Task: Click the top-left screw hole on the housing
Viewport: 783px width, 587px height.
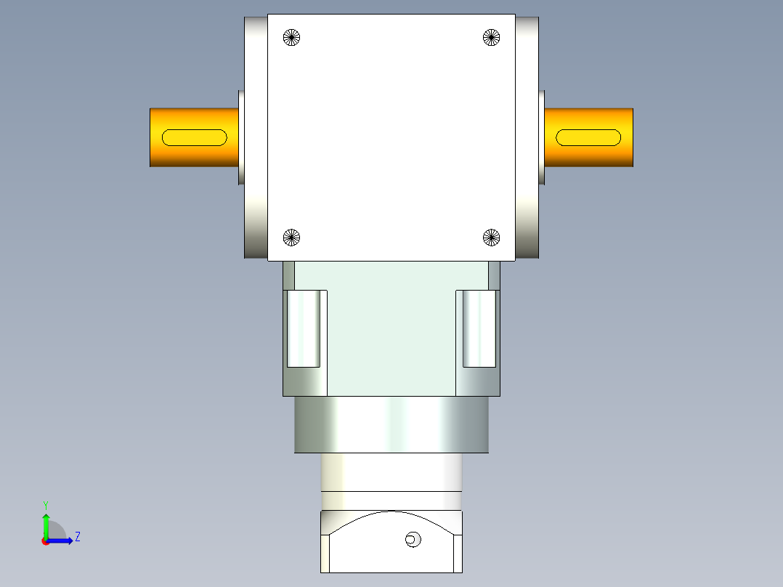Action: click(x=291, y=37)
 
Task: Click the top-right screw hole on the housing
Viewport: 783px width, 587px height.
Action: click(x=492, y=37)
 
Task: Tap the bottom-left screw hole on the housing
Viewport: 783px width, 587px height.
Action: click(x=291, y=237)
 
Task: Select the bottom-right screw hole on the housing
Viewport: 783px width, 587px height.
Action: click(x=492, y=237)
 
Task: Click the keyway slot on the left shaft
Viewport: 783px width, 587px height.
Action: click(x=195, y=137)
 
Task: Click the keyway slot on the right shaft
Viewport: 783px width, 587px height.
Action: click(x=588, y=137)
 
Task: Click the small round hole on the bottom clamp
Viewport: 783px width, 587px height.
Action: click(x=413, y=539)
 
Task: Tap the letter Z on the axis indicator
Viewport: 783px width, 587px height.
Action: click(x=77, y=537)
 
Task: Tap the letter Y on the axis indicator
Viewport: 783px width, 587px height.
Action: click(x=45, y=504)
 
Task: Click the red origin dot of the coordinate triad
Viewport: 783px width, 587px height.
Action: click(x=45, y=541)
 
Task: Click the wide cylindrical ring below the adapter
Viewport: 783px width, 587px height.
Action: click(x=391, y=425)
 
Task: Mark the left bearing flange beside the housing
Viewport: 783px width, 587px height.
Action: click(x=255, y=138)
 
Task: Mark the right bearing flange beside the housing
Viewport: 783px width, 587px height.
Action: click(x=527, y=138)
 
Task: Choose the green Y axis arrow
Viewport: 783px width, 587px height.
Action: click(x=46, y=525)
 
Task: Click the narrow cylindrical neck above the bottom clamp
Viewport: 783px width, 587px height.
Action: click(x=391, y=472)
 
